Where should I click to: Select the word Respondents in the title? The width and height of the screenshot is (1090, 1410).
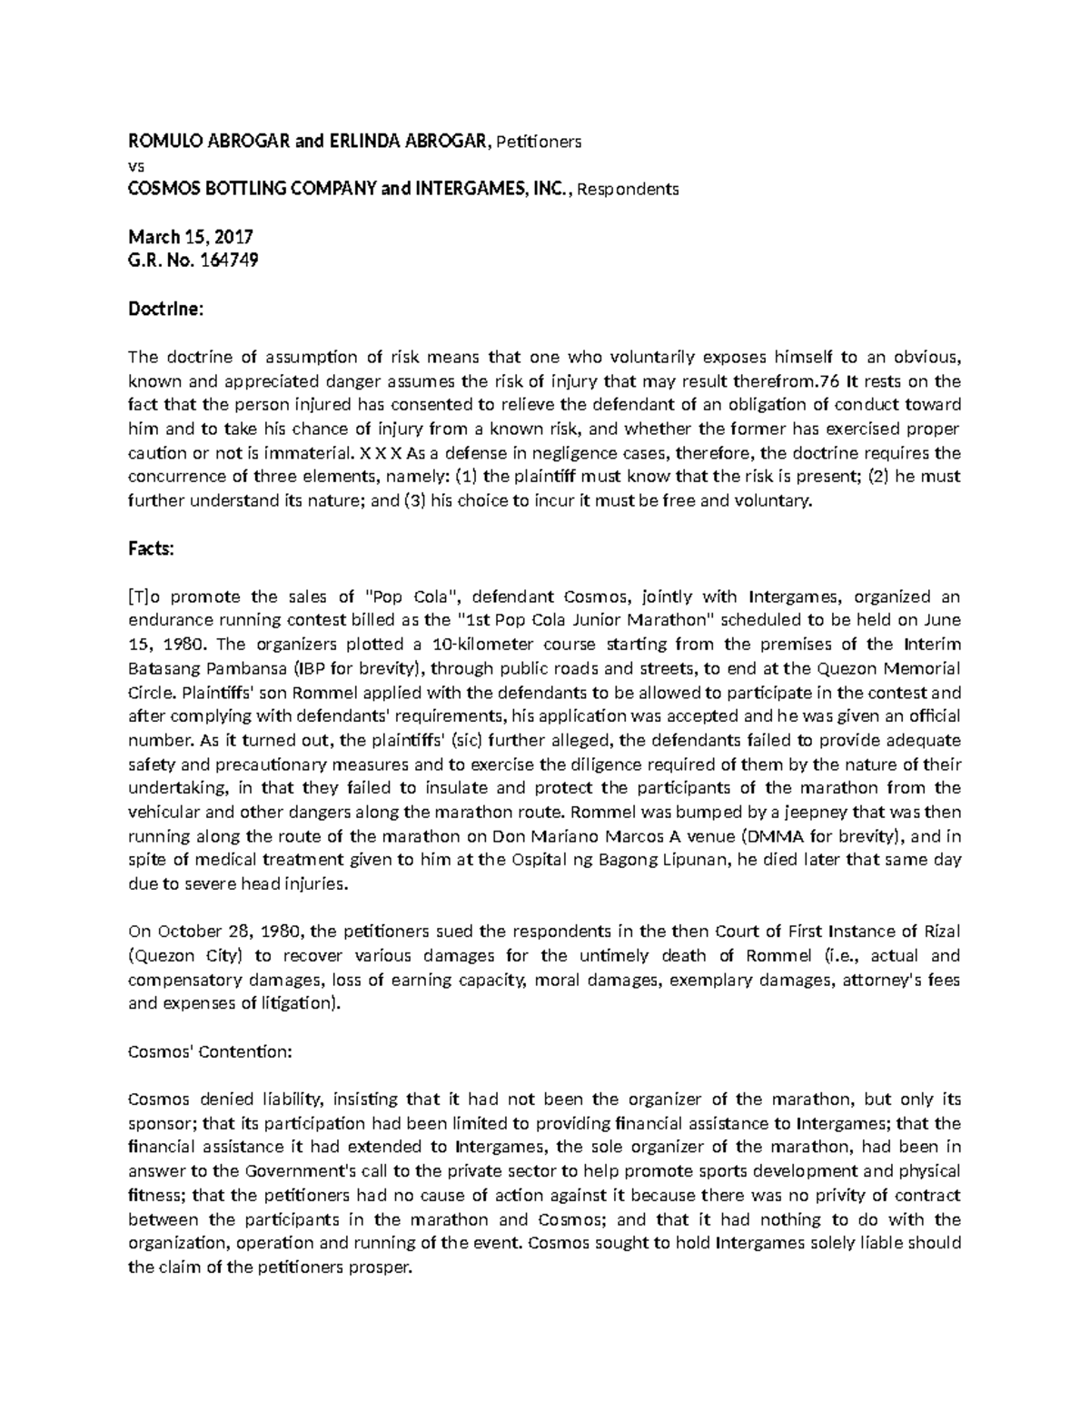628,190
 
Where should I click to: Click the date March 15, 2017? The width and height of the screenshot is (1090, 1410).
190,238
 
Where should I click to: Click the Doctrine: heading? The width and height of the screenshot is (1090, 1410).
166,310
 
